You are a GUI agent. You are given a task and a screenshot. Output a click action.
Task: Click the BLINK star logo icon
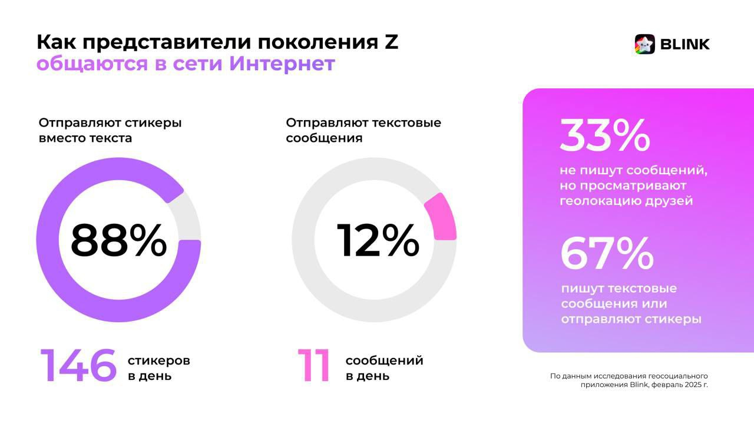coord(644,44)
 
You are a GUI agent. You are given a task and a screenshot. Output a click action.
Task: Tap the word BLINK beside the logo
coord(684,44)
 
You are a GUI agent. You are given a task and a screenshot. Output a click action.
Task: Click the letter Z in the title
coord(391,42)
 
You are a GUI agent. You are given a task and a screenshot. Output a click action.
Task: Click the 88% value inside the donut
coord(118,241)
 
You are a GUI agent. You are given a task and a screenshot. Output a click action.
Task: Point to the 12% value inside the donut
coord(378,241)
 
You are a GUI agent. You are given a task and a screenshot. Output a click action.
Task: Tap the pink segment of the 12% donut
coord(442,217)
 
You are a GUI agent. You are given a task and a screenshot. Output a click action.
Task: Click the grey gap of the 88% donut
coord(189,216)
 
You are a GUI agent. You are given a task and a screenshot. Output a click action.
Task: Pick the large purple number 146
coord(78,366)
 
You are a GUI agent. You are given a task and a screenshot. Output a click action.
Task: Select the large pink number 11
coord(313,366)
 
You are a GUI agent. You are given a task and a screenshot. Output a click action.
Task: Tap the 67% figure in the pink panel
coord(606,254)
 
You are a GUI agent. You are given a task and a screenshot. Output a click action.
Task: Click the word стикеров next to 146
coord(159,360)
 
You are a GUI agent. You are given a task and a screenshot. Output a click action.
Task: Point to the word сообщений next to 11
coord(384,360)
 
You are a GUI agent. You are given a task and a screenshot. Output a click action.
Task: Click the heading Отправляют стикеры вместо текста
coord(110,130)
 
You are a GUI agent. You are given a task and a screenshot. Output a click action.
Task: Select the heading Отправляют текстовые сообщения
coord(363,130)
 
